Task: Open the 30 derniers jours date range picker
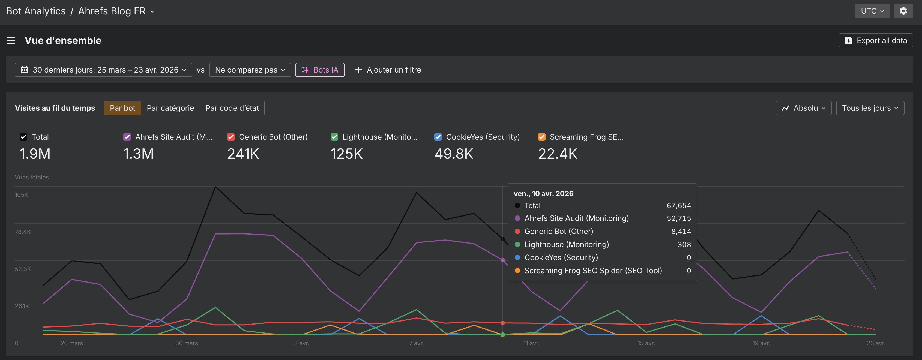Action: [x=103, y=70]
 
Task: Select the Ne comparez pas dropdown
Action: [x=250, y=70]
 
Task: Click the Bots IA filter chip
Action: [x=320, y=70]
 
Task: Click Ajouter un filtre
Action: [x=388, y=70]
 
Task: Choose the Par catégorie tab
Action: [x=170, y=108]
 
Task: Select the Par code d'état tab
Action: [x=232, y=108]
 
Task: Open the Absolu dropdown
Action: [x=803, y=108]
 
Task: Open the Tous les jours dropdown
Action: [x=870, y=108]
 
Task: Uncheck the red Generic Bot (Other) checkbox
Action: [x=231, y=137]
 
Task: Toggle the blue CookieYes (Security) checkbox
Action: [x=438, y=137]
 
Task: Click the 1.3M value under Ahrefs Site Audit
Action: [x=139, y=154]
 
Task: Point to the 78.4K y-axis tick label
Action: [x=23, y=232]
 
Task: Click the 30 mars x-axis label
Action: [x=187, y=343]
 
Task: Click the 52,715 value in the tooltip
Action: [x=679, y=218]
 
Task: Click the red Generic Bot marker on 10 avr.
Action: [x=502, y=323]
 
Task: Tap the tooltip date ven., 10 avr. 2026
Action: [x=543, y=194]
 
